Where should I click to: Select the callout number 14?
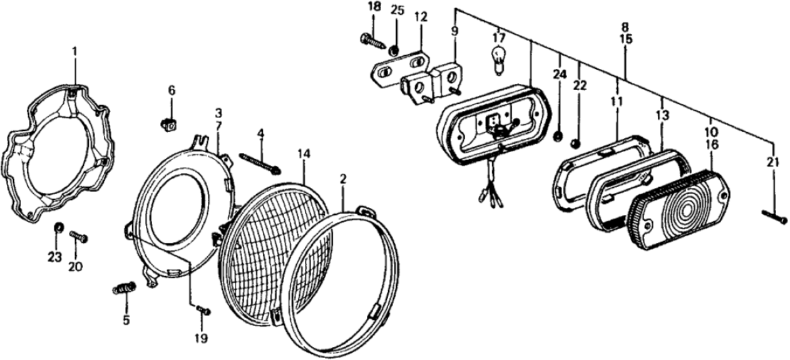click(304, 153)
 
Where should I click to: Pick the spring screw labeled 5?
click(125, 290)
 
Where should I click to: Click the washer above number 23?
click(58, 228)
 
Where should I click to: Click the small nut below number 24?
click(558, 135)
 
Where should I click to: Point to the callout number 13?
click(662, 115)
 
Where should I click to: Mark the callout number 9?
click(455, 31)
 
